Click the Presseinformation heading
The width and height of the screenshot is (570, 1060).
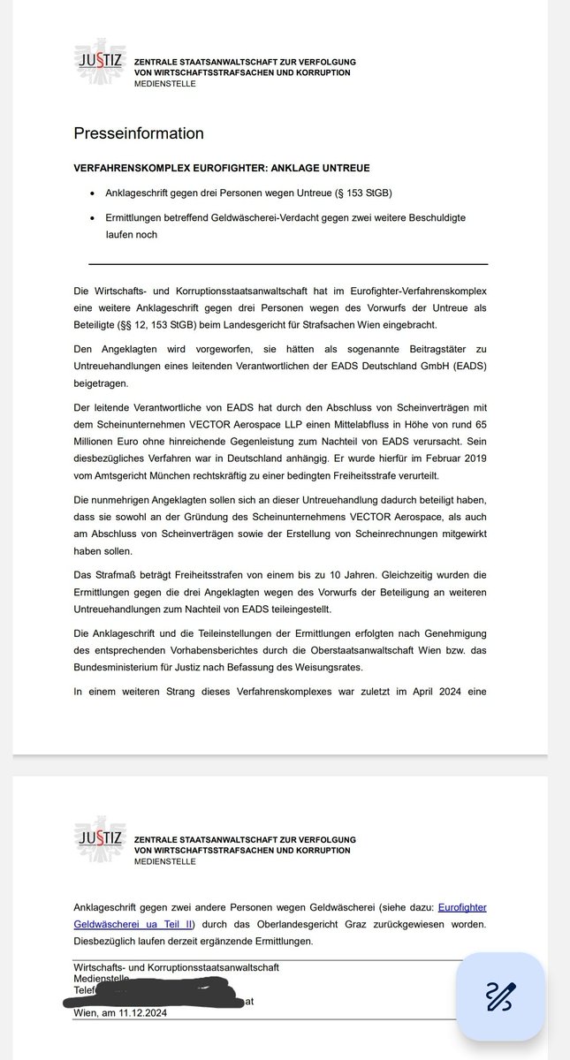pos(139,133)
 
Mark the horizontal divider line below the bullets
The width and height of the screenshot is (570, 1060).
pos(288,263)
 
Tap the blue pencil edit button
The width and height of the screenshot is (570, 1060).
pos(500,996)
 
